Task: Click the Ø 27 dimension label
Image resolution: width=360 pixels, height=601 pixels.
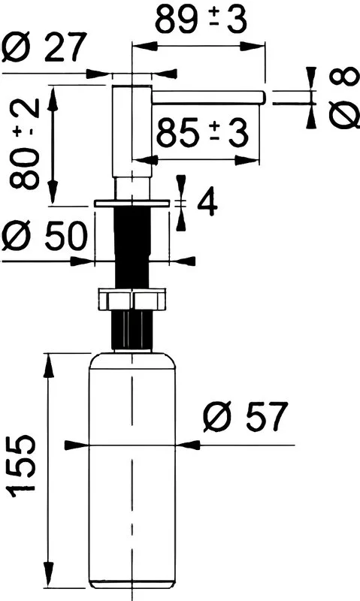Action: click(43, 47)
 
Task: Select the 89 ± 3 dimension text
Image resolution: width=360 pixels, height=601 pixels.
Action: click(201, 20)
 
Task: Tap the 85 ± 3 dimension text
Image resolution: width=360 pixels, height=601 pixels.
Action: click(202, 133)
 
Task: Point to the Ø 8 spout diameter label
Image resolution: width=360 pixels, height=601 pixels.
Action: click(344, 98)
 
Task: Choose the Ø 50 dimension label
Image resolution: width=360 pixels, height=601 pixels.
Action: click(44, 236)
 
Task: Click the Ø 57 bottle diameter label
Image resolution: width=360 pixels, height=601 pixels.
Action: click(245, 417)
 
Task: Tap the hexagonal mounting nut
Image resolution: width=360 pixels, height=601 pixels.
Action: click(132, 299)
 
